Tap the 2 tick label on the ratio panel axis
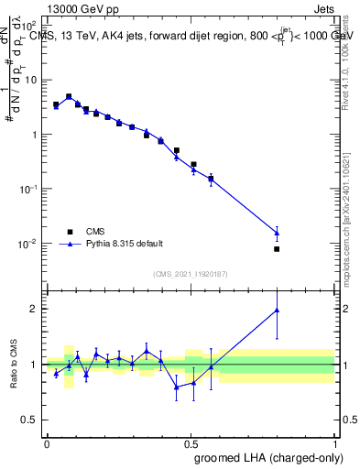35,309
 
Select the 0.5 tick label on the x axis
191,443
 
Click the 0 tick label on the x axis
46,443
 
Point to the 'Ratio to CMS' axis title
13,364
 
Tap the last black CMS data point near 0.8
277,248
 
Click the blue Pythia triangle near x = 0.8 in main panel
277,233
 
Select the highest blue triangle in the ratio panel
277,311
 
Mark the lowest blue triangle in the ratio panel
177,387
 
